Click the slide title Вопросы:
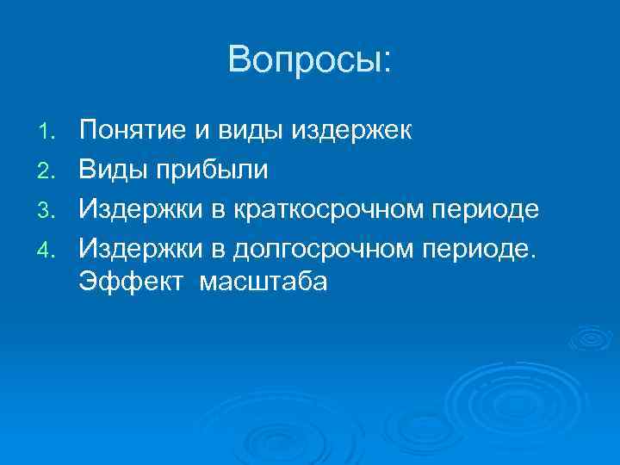[x=310, y=59]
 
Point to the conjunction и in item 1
[x=201, y=132]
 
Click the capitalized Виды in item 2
[x=115, y=170]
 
